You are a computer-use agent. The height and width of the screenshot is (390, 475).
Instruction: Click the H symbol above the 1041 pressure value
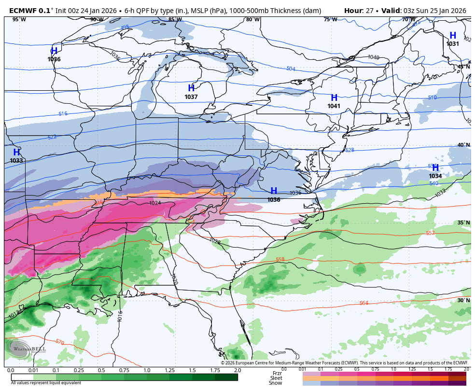(334, 98)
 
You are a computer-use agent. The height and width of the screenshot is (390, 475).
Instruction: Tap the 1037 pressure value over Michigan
(191, 97)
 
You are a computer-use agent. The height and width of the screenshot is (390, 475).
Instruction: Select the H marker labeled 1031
(452, 36)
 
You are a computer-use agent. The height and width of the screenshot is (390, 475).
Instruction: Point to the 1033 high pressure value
(16, 161)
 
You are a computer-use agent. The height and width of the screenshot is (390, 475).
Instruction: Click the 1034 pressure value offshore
(435, 176)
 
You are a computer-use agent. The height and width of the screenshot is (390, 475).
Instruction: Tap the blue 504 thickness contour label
(291, 69)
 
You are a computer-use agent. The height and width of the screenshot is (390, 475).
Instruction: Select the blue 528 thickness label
(349, 150)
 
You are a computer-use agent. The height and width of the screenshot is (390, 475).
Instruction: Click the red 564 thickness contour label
(363, 303)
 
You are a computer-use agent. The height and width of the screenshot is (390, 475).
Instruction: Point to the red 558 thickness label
(280, 260)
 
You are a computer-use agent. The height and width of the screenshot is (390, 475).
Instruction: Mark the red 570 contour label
(59, 342)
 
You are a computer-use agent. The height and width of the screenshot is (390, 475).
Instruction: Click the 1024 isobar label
(155, 203)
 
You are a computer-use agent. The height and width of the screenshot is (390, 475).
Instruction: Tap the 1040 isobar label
(373, 57)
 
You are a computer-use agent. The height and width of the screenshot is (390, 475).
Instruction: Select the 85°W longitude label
(175, 19)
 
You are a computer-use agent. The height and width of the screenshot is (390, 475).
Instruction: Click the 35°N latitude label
(463, 223)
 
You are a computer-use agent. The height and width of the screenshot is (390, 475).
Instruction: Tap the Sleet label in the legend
(276, 378)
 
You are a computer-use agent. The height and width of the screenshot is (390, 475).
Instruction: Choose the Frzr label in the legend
(277, 373)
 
